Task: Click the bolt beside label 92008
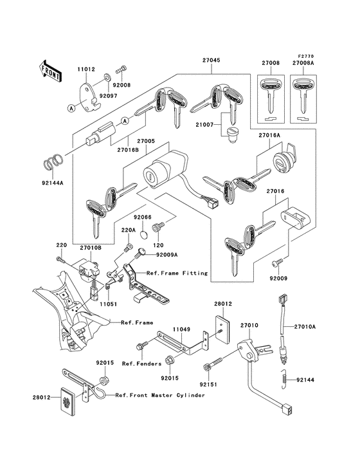coord(120,69)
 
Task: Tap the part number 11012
coord(87,68)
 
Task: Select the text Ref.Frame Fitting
coord(177,273)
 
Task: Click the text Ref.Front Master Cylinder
coord(161,394)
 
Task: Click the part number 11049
coord(181,328)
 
